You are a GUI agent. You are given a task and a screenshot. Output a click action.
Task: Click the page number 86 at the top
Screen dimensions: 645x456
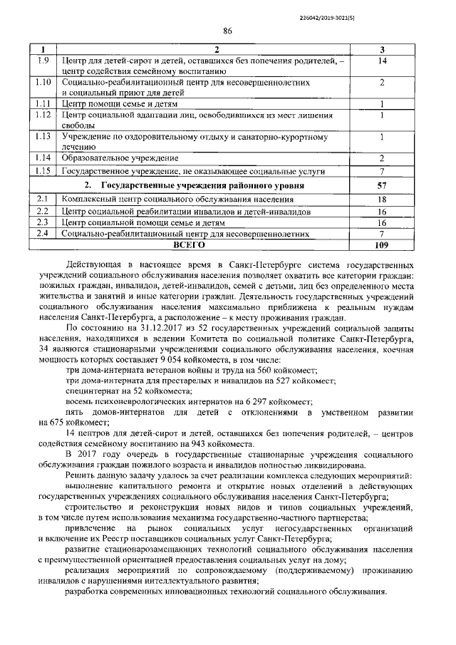pyautogui.click(x=228, y=30)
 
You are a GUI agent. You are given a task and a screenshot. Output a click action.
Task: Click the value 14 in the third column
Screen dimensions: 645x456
pyautogui.click(x=382, y=61)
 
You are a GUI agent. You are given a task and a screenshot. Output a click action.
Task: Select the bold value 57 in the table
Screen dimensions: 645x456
pyautogui.click(x=382, y=185)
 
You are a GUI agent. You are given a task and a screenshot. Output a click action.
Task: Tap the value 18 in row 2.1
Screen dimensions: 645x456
pyautogui.click(x=382, y=200)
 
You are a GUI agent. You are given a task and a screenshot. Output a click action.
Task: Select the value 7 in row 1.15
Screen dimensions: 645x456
pyautogui.click(x=382, y=172)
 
